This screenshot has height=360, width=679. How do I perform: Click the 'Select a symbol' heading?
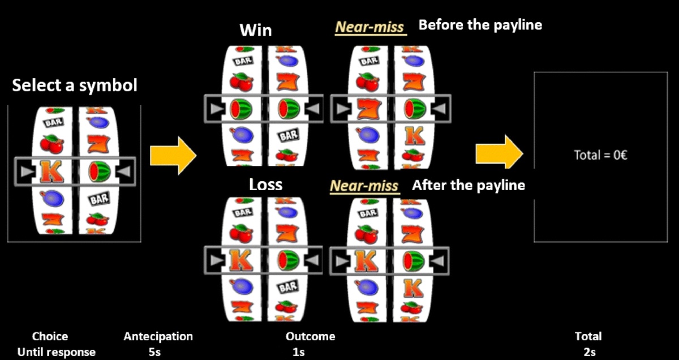coord(75,86)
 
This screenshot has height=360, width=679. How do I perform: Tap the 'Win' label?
coord(256,29)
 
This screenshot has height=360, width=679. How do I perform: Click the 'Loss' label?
coord(265,185)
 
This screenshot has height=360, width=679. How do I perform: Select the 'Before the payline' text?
coord(480,25)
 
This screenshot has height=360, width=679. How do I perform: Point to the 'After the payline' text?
coord(468,185)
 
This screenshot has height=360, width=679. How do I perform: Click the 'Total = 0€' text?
coord(600,155)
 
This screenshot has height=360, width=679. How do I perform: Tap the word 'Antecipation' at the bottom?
coord(158,336)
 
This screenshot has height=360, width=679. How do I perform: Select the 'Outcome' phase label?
coord(310,336)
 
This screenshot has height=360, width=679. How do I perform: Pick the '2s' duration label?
coord(589,352)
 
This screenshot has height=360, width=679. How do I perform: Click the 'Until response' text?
coord(56,352)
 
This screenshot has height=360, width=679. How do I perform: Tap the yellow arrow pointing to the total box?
coord(498,152)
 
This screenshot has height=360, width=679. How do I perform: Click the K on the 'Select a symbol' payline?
coord(52,171)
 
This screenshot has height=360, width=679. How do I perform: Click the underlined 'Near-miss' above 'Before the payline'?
coord(371,27)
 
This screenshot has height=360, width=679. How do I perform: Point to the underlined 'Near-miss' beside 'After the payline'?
coord(364,186)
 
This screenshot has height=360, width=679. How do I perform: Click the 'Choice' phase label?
coord(50,336)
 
